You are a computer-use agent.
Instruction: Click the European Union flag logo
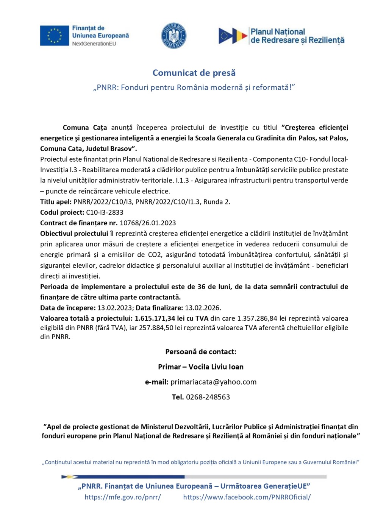click(54, 36)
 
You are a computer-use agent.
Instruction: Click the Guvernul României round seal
click(174, 36)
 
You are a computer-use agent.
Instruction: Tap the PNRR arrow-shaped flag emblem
click(233, 36)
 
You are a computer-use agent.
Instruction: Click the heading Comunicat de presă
click(194, 73)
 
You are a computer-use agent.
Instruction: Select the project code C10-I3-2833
click(105, 212)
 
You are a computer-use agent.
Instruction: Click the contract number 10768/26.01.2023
click(148, 223)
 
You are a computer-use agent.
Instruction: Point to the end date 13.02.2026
click(203, 308)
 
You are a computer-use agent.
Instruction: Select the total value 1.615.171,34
click(155, 318)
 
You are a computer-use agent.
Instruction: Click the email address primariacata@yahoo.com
click(213, 382)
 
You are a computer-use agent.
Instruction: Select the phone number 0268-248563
click(208, 397)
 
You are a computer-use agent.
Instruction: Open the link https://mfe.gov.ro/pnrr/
click(123, 497)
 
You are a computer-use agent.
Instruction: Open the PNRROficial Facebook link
click(247, 497)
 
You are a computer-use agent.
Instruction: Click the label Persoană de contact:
click(201, 352)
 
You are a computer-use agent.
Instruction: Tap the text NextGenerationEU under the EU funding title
click(94, 44)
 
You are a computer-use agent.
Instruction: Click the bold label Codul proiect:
click(62, 212)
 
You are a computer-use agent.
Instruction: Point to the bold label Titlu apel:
click(56, 202)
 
